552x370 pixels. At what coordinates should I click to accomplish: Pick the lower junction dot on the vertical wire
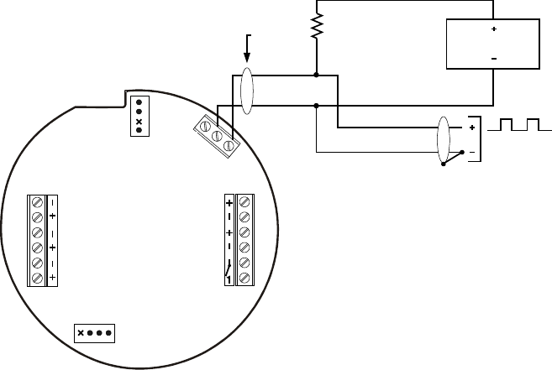click(x=316, y=106)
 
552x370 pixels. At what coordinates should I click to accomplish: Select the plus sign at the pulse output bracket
click(x=472, y=128)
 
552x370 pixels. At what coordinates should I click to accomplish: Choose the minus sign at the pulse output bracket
click(x=472, y=152)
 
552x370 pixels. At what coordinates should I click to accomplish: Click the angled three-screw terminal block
click(x=216, y=133)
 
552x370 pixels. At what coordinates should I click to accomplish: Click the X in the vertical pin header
click(x=139, y=121)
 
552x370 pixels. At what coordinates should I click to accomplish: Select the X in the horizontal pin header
click(x=81, y=332)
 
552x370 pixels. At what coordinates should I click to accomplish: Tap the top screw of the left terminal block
click(x=37, y=202)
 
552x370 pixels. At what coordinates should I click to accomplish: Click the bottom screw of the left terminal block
click(x=37, y=278)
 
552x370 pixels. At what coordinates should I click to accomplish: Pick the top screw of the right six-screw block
click(x=244, y=201)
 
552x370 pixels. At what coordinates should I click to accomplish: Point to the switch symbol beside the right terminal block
click(x=229, y=270)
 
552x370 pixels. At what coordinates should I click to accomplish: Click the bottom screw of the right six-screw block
click(x=244, y=278)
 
